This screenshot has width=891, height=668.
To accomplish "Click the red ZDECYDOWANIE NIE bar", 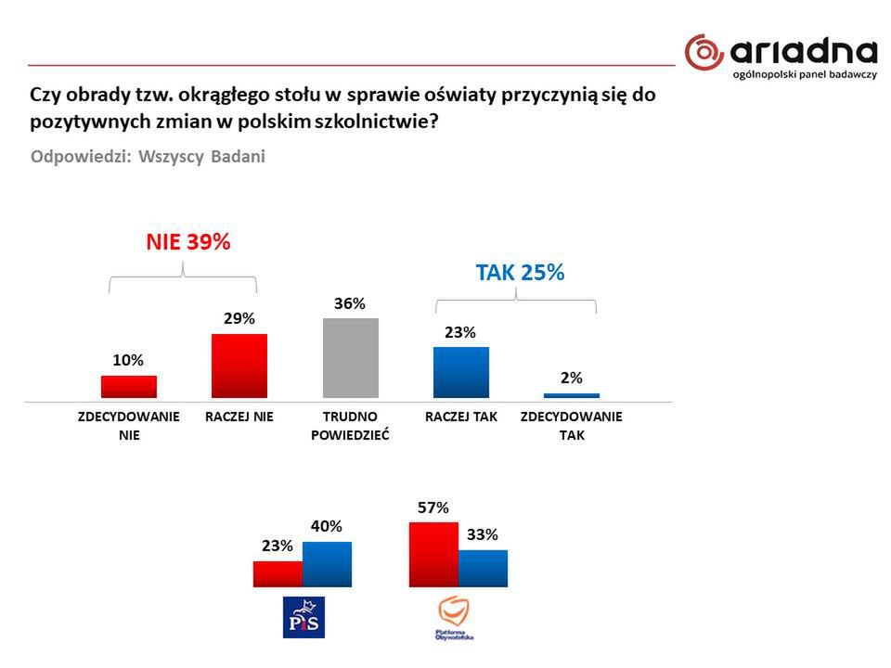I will [129, 387].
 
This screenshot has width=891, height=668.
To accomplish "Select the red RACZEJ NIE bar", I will [239, 366].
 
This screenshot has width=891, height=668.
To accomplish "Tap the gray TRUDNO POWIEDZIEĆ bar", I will [351, 358].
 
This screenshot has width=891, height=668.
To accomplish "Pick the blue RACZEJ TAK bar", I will [461, 373].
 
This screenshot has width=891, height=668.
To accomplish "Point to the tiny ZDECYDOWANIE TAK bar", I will [572, 396].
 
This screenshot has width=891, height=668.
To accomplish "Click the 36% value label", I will [351, 304].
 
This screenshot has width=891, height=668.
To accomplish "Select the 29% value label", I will [239, 319].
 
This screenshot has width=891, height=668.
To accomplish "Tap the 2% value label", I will [572, 378].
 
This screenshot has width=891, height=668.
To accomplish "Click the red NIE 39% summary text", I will [187, 242].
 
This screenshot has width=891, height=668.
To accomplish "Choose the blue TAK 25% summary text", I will [520, 273].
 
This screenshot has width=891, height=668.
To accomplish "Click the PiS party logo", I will [303, 617].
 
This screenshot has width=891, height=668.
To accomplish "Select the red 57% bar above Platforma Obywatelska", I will [433, 554].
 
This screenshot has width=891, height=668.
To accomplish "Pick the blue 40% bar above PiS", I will [328, 564].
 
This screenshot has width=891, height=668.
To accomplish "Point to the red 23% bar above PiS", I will [278, 573].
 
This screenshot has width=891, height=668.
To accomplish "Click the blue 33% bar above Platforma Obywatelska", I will [484, 568].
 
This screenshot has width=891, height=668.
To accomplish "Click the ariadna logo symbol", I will [704, 52].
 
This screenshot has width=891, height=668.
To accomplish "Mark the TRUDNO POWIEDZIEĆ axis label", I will [350, 425].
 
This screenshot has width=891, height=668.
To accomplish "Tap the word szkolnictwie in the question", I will [375, 121].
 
